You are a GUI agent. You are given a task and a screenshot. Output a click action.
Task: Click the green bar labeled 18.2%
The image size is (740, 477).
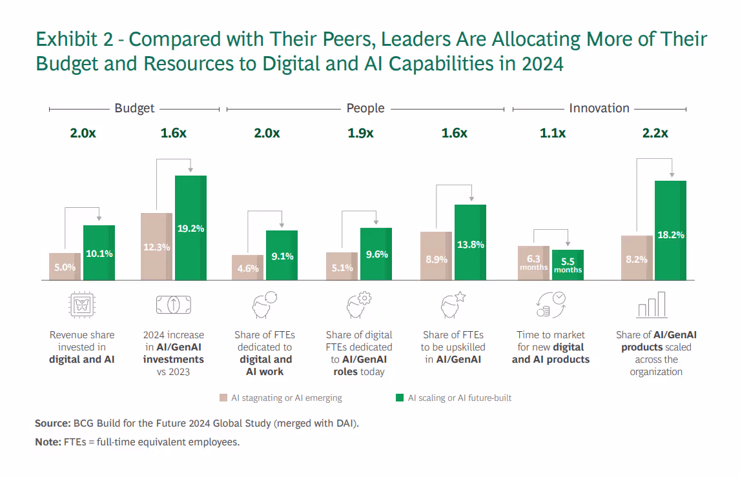670,230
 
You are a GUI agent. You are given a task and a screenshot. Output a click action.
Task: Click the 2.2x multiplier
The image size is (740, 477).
655,134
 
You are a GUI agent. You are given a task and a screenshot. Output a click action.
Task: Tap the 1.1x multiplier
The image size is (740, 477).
553,134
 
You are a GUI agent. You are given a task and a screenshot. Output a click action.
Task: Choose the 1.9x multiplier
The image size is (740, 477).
360,134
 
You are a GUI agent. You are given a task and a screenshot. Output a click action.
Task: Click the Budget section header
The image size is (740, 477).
134,108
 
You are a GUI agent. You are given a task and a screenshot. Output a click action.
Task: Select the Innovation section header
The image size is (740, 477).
599,108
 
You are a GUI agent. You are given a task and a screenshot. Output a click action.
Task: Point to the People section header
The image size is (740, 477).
365,108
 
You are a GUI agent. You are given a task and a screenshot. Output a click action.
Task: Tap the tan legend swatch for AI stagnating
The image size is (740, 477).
223,398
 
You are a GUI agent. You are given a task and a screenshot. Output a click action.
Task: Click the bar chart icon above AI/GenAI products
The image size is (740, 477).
652,305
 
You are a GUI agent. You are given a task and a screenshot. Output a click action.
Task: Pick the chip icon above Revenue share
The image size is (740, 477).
81,305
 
